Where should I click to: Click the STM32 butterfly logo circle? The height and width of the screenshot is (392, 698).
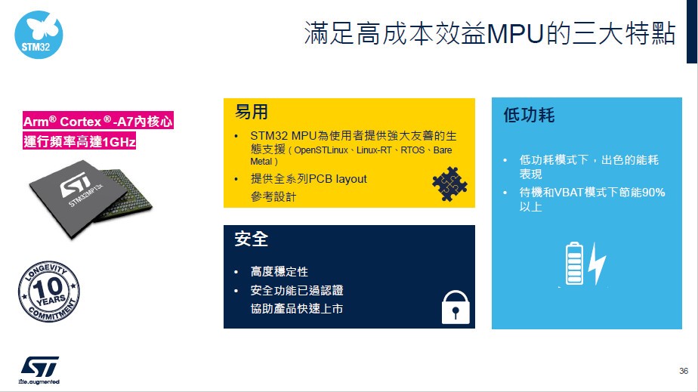[x=39, y=35]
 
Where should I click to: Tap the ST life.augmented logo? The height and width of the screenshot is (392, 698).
[x=39, y=370]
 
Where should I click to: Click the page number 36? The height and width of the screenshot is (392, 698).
[x=684, y=371]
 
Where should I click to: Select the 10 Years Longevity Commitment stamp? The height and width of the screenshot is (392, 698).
[x=49, y=291]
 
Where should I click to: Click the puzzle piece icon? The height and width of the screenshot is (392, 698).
[x=449, y=184]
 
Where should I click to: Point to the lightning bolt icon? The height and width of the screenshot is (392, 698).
[x=597, y=264]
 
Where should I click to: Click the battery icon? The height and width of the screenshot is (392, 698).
[x=574, y=264]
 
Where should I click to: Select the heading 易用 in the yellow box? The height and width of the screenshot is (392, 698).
[x=252, y=112]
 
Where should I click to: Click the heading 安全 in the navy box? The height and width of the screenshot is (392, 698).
[x=252, y=239]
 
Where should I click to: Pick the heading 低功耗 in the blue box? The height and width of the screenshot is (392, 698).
[x=529, y=116]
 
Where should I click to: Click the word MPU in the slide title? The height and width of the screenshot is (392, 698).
[x=515, y=34]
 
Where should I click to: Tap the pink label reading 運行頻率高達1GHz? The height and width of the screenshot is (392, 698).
[x=79, y=141]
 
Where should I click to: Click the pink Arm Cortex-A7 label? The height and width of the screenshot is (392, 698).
[x=98, y=121]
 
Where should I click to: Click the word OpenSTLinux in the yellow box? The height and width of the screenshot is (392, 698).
[x=321, y=150]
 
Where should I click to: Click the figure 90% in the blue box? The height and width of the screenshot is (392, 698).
[x=653, y=192]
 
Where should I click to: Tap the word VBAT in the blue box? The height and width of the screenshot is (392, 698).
[x=569, y=192]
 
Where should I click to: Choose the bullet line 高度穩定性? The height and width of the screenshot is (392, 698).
[x=279, y=271]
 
